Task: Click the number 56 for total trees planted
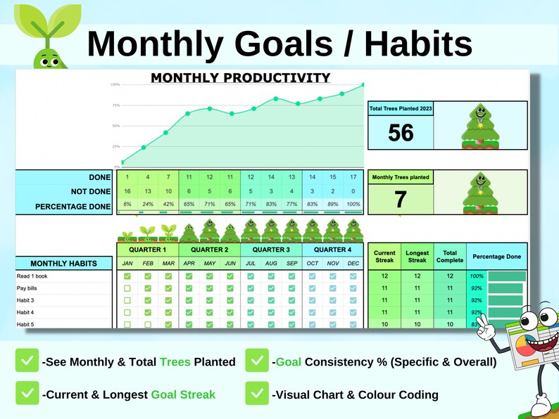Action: point(401,132)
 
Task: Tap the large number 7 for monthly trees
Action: point(401,199)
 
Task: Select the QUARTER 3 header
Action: point(270,250)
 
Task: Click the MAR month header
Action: point(168,264)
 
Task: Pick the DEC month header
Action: point(353,264)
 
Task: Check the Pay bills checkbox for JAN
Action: point(127,288)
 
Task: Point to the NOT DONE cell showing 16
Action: point(127,191)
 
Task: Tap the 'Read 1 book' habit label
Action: point(32,276)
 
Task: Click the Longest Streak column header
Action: point(417,257)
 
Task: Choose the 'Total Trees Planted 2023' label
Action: point(401,108)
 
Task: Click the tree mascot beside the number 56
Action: point(481,126)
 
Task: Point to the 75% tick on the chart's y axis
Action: point(115,105)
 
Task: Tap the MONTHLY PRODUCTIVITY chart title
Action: point(240,77)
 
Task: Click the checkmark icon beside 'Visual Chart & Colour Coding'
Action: point(257,394)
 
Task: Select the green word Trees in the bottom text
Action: point(175,362)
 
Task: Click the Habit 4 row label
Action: point(25,312)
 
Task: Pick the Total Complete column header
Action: point(449,257)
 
